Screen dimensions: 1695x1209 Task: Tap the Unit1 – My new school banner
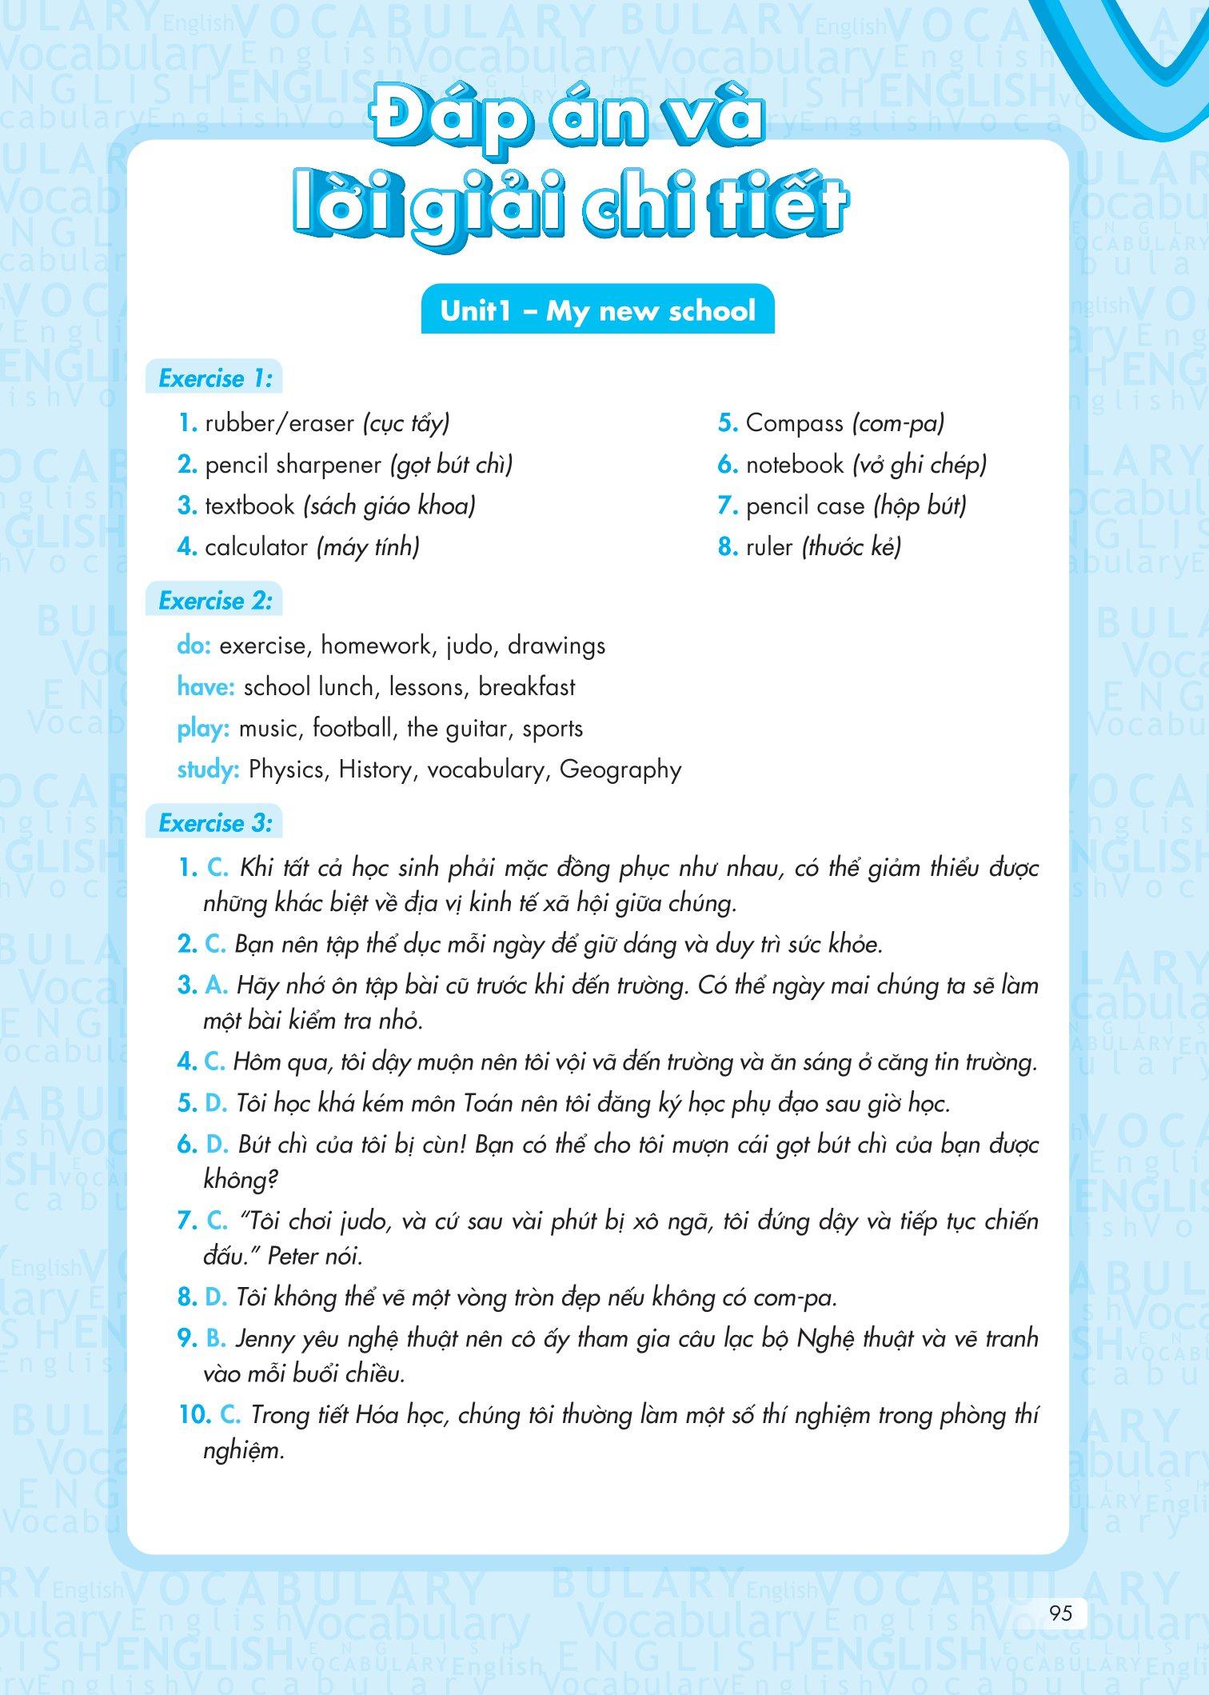click(x=597, y=310)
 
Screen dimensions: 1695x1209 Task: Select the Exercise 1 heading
click(x=215, y=378)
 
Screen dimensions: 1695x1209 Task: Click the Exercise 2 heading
click(x=215, y=601)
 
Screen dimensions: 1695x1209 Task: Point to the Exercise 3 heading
click(x=215, y=823)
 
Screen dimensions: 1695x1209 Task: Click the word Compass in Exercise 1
click(x=794, y=423)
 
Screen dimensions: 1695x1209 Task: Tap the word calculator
click(x=256, y=547)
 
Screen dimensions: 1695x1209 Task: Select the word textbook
click(x=249, y=506)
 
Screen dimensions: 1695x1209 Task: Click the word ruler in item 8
click(x=769, y=547)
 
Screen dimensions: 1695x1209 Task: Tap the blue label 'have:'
click(x=206, y=687)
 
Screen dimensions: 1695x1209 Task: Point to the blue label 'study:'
click(x=209, y=770)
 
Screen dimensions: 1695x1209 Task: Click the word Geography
click(x=620, y=770)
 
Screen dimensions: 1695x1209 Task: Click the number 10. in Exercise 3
click(x=194, y=1415)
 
